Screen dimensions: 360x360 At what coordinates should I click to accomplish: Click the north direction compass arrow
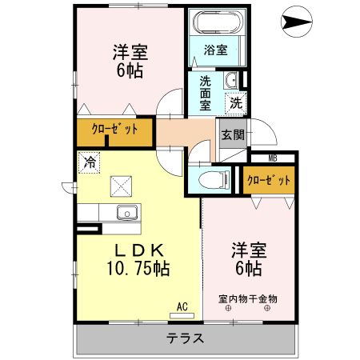[x=296, y=22]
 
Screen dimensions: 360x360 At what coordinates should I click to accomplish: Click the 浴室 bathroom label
[x=215, y=50]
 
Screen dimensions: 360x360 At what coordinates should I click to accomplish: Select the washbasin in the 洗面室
[x=231, y=80]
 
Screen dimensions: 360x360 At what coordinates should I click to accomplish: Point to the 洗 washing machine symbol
[x=236, y=103]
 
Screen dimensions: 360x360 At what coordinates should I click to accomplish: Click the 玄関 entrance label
[x=233, y=134]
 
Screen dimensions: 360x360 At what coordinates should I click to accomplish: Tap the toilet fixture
[x=214, y=179]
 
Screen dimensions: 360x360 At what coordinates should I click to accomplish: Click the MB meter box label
[x=273, y=158]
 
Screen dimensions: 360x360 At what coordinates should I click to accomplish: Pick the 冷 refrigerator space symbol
[x=90, y=162]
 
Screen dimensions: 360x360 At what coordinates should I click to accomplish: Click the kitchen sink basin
[x=128, y=213]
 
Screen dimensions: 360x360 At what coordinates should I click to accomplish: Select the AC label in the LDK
[x=182, y=306]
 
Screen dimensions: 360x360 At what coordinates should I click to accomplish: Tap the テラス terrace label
[x=185, y=338]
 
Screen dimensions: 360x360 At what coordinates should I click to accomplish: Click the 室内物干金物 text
[x=248, y=299]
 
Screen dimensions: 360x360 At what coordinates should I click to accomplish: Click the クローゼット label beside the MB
[x=269, y=181]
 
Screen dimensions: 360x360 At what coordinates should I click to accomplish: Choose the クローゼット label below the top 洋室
[x=114, y=130]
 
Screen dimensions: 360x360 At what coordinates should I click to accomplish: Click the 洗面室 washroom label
[x=206, y=94]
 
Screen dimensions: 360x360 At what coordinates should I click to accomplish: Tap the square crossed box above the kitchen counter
[x=121, y=186]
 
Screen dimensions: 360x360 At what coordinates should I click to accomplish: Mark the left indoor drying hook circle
[x=228, y=309]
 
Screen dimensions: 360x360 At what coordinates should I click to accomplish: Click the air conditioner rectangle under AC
[x=182, y=316]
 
